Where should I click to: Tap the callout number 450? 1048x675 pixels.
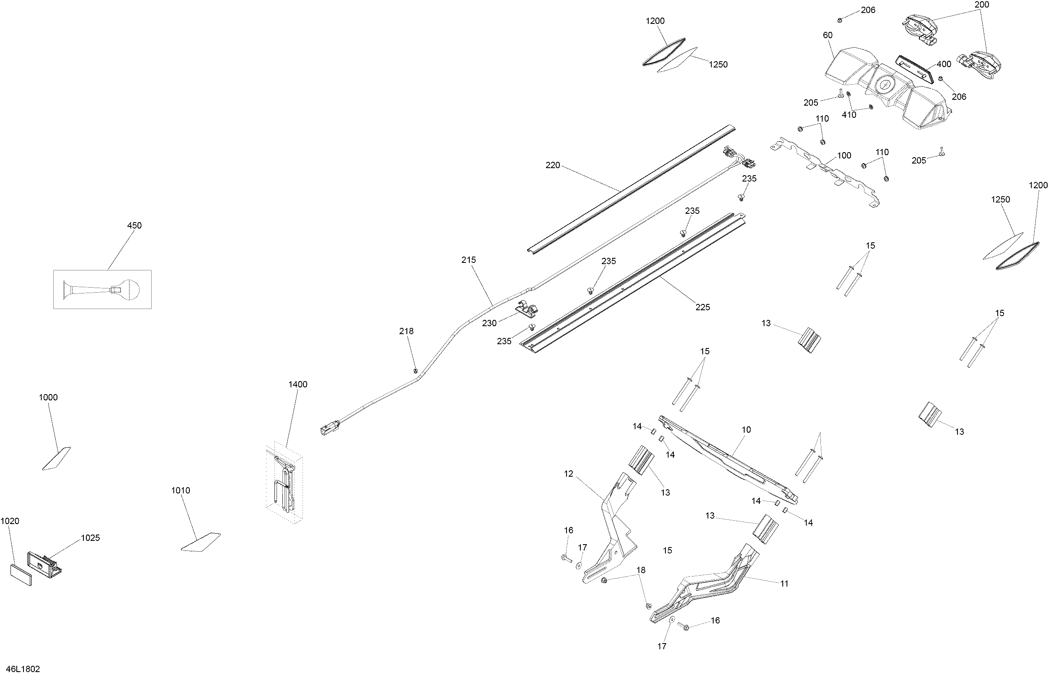click(134, 225)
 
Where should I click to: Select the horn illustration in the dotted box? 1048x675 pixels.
click(101, 290)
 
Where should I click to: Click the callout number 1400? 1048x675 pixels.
click(298, 384)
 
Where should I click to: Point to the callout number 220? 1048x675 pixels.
click(553, 165)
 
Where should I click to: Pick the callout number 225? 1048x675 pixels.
click(702, 307)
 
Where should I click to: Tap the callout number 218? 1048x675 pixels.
click(406, 331)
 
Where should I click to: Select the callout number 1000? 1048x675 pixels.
click(48, 397)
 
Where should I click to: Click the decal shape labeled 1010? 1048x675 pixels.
click(201, 542)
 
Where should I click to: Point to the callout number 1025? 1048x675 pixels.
click(90, 538)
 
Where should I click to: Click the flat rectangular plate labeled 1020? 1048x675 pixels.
click(21, 575)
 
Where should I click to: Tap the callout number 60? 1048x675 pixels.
click(827, 35)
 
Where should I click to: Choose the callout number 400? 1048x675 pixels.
click(944, 64)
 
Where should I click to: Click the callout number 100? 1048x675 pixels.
click(844, 156)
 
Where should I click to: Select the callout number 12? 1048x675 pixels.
click(569, 474)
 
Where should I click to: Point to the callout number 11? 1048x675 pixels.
click(784, 584)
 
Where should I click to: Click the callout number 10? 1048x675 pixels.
click(746, 430)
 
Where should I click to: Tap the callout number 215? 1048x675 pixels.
click(468, 260)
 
